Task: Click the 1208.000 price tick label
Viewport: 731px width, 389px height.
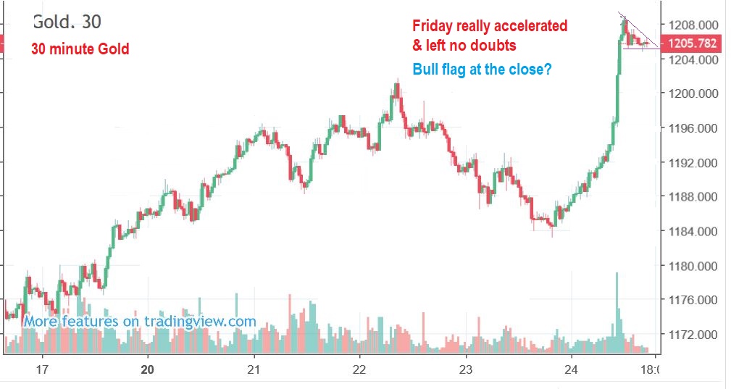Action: [691, 24]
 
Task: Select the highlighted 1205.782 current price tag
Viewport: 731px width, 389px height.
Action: [691, 43]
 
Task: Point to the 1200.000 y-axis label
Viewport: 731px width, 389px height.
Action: [691, 93]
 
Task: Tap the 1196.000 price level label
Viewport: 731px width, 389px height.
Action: [691, 128]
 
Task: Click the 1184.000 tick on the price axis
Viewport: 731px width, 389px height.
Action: [691, 232]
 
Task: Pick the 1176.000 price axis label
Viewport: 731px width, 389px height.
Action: [691, 300]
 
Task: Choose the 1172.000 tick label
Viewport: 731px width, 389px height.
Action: [691, 335]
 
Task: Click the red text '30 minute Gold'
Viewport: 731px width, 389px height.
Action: [80, 49]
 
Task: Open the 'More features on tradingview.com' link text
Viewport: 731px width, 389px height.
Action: [140, 321]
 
